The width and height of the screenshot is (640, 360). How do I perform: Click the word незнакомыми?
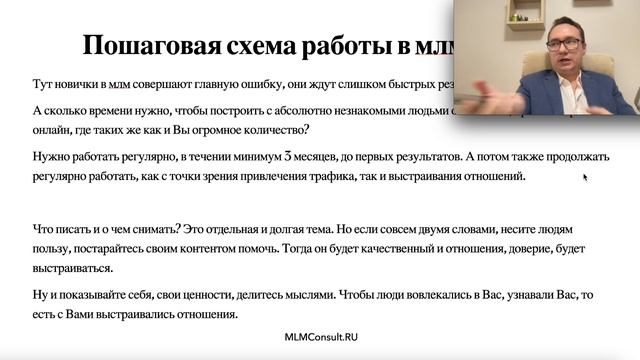coord(344,112)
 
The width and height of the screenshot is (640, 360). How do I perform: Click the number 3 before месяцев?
coord(288,157)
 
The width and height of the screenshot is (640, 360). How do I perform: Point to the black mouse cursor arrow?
coord(585,178)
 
